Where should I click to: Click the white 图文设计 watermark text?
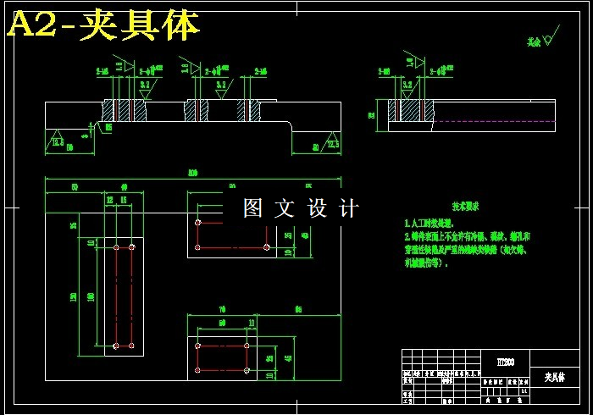point(301,208)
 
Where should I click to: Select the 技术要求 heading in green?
point(465,206)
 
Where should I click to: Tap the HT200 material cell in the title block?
point(494,362)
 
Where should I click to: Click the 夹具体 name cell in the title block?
point(554,376)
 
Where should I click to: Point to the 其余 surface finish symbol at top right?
point(542,37)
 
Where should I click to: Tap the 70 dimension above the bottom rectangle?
point(222,309)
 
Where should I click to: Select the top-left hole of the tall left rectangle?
point(115,247)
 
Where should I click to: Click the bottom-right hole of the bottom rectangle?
point(247,369)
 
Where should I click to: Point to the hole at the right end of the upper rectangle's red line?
point(266,247)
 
